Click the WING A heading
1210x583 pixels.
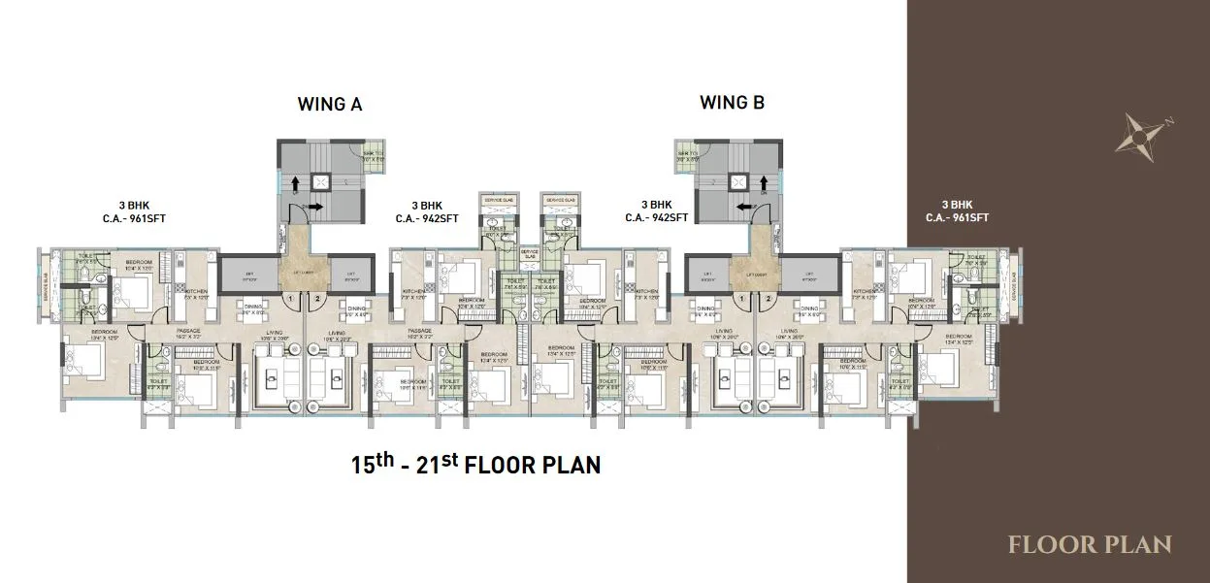[329, 104]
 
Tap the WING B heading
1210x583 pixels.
[733, 103]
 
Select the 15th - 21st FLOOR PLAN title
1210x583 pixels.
[475, 464]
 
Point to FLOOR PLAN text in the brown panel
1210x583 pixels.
[1090, 544]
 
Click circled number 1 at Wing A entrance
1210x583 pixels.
[290, 299]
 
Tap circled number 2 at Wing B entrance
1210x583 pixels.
[768, 299]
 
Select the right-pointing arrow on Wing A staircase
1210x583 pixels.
[316, 207]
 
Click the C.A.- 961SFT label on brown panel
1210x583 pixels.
[957, 218]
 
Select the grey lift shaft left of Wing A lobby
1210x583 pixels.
[247, 275]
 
